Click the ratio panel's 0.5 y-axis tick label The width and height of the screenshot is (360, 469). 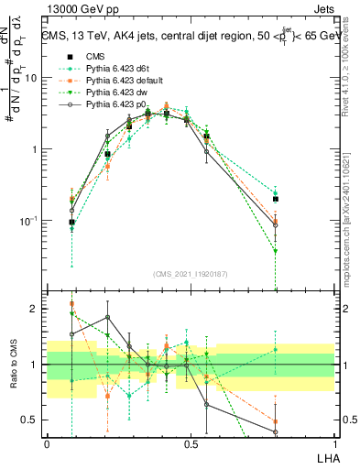pos(31,420)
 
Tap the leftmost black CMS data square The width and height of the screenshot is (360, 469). pos(72,223)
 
